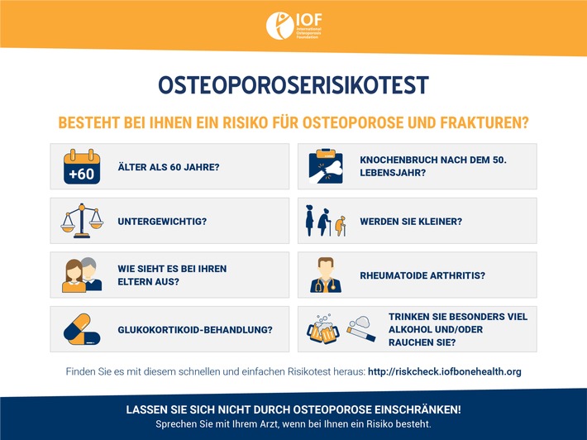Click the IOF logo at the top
293,25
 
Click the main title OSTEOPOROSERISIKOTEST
293,85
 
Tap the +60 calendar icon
82,166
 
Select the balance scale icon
82,221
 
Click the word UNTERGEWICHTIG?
162,222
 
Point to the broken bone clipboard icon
326,166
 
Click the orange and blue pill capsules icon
82,329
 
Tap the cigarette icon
361,328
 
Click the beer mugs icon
323,329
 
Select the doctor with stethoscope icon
326,275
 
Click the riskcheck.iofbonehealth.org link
444,371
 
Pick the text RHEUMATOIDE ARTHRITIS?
422,275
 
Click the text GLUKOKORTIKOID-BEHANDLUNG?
195,330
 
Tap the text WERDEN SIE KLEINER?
411,222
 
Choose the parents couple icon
82,275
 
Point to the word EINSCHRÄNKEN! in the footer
418,409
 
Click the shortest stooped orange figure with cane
341,226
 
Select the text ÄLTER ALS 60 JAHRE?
169,167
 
